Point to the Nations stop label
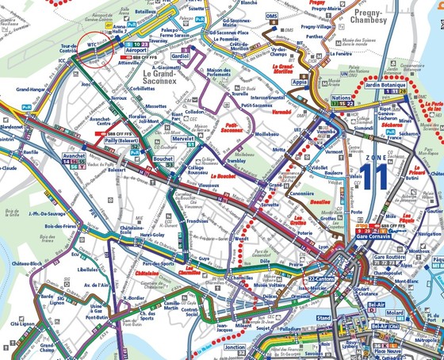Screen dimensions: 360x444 pyautogui.click(x=341, y=98)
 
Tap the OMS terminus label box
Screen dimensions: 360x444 pyautogui.click(x=272, y=15)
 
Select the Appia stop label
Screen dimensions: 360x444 pyautogui.click(x=300, y=81)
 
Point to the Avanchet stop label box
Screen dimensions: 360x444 pyautogui.click(x=74, y=156)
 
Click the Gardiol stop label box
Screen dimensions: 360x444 pyautogui.click(x=181, y=56)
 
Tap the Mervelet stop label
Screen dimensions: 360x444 pyautogui.click(x=184, y=138)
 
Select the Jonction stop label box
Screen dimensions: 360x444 pyautogui.click(x=235, y=347)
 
